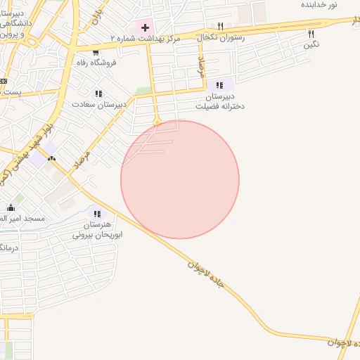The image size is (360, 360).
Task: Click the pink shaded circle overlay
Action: point(180,180)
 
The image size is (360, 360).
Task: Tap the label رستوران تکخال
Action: point(221,37)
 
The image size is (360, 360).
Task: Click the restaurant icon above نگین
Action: point(311,34)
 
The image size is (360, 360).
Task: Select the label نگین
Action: point(311,45)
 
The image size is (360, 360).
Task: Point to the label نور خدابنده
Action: point(319,5)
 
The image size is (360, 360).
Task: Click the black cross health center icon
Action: point(145,27)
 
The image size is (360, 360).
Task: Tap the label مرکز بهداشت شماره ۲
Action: point(146,38)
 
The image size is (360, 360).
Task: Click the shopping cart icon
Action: point(96,52)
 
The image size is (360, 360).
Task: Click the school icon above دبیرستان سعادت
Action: point(98,93)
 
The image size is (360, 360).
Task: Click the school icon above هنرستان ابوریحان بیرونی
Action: point(97,214)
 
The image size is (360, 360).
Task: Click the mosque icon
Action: point(11,208)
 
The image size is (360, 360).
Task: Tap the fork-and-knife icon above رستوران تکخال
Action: point(221,27)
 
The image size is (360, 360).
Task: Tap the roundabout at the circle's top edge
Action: point(158,122)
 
